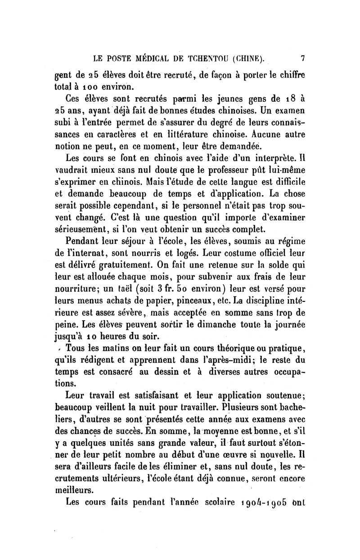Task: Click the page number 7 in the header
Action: coord(303,58)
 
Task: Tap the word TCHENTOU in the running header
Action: coord(202,58)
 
